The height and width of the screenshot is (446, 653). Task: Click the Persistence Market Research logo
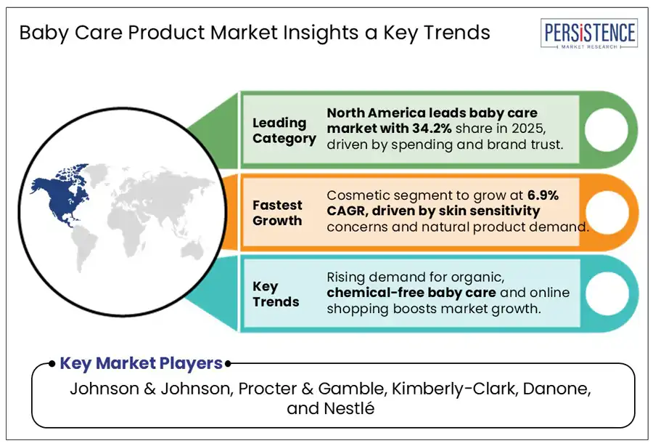pos(588,35)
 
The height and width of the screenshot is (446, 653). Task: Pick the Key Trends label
pos(276,294)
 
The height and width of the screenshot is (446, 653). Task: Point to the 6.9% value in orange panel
pos(560,195)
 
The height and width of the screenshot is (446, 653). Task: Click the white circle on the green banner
pos(607,129)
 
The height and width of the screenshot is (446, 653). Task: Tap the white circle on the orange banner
pos(607,212)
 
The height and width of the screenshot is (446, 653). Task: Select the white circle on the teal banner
pos(607,293)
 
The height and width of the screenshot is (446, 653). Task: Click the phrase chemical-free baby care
pos(411,293)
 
